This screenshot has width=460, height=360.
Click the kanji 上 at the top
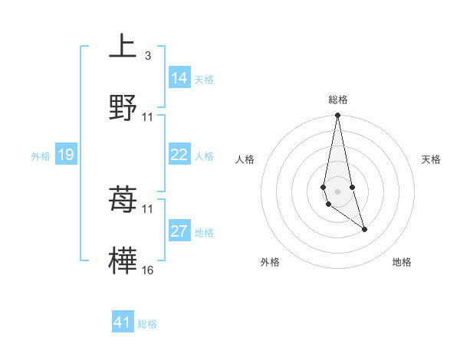(x=123, y=47)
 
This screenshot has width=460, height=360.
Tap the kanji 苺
(x=123, y=201)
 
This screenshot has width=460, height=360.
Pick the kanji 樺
(x=123, y=262)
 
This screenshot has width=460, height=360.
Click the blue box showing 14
(x=179, y=78)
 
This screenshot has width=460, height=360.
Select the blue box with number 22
(x=179, y=155)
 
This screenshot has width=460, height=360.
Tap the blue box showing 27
(x=179, y=231)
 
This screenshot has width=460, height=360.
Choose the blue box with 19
(x=66, y=155)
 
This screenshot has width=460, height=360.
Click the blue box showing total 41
(x=123, y=322)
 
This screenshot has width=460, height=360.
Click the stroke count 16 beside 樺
(x=147, y=270)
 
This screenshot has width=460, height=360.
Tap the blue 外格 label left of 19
(x=41, y=156)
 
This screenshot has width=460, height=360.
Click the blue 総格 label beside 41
(x=147, y=324)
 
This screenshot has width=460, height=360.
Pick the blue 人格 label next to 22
(x=204, y=155)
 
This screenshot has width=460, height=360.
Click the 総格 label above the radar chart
(x=338, y=100)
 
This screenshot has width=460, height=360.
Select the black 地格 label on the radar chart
(x=402, y=263)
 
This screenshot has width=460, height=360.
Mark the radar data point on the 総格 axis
(x=338, y=116)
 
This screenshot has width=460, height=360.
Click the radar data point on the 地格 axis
(x=364, y=229)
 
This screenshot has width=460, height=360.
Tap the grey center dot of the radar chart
(x=338, y=191)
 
